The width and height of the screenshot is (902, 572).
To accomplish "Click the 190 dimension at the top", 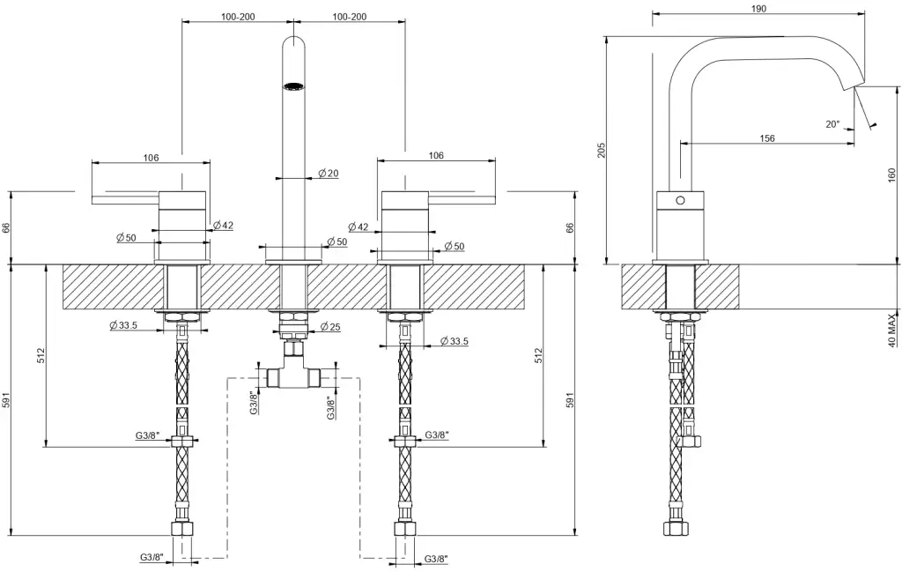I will [759, 9].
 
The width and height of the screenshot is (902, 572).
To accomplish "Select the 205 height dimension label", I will [602, 151].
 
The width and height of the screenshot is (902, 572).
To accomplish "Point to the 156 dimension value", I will [767, 138].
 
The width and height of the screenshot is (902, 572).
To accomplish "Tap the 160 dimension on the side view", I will [892, 176].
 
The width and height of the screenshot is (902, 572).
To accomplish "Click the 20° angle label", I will [832, 124].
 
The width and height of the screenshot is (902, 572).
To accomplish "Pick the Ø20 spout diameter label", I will [328, 173].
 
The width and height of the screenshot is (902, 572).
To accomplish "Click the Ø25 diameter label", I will [330, 326].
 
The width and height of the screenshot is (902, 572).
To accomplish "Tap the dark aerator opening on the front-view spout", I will [292, 85].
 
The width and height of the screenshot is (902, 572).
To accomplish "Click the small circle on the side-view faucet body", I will [679, 200].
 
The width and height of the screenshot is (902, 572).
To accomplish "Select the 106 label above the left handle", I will [151, 158].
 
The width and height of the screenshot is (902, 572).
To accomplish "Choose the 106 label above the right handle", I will [435, 156].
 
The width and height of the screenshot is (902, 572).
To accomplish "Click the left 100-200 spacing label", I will [238, 17].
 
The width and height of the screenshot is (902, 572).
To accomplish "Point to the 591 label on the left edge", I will [7, 401].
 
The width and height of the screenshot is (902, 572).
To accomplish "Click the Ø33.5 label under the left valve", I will [123, 325].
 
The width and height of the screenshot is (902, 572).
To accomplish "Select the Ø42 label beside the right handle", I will [359, 227].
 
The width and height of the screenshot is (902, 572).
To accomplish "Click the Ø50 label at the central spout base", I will [336, 241].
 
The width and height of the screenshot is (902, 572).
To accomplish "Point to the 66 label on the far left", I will [7, 227].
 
